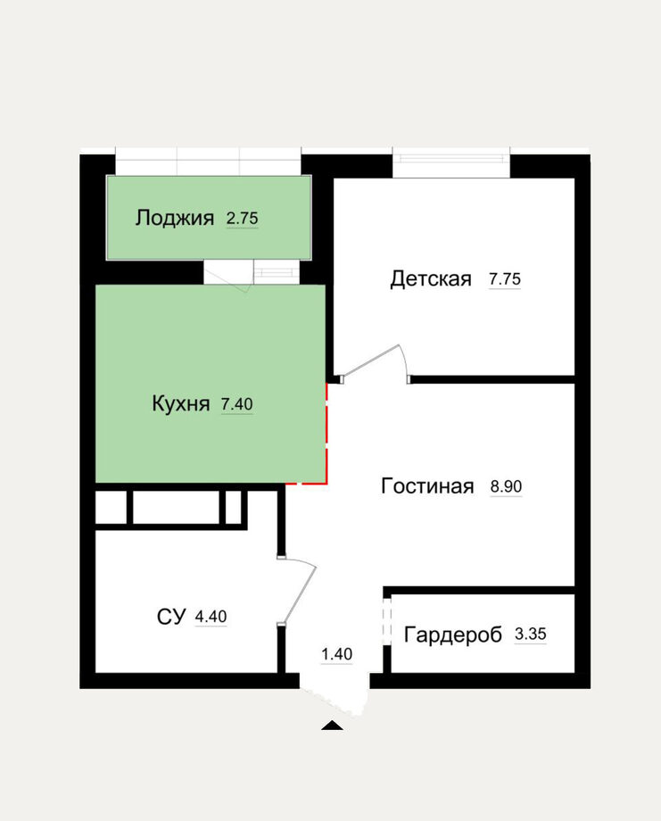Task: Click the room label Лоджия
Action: [x=175, y=218]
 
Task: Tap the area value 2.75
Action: [x=243, y=218]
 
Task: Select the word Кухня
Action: [x=180, y=403]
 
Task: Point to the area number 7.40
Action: [x=237, y=404]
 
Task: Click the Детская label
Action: [x=431, y=279]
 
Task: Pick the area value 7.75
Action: [x=505, y=279]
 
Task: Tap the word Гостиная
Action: [x=427, y=486]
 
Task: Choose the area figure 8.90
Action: [x=506, y=487]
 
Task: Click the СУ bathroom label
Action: [x=171, y=617]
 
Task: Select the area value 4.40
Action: [x=211, y=617]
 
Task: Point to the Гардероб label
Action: [x=453, y=634]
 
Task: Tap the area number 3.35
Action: [x=531, y=634]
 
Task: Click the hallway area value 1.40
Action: [x=336, y=654]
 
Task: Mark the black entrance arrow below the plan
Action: [x=333, y=726]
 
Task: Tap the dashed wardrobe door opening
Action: [x=387, y=621]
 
